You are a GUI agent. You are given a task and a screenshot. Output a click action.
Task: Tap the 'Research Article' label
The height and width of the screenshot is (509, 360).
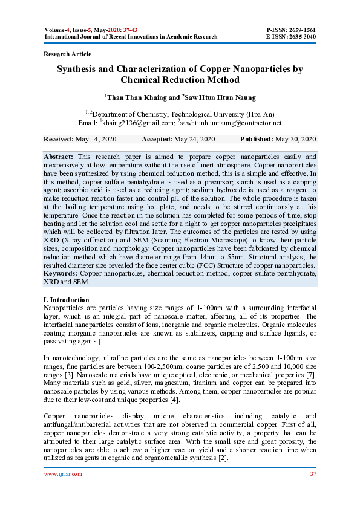point(68,54)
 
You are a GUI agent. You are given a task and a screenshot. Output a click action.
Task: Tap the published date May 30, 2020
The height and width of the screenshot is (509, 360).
point(296,140)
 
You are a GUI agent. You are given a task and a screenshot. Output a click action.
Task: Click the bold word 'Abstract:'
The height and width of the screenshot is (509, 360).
point(59,156)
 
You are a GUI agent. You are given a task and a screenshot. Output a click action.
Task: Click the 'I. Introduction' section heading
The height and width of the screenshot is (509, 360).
point(67,300)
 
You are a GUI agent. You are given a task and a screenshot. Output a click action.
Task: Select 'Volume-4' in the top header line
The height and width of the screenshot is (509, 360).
point(59,30)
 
